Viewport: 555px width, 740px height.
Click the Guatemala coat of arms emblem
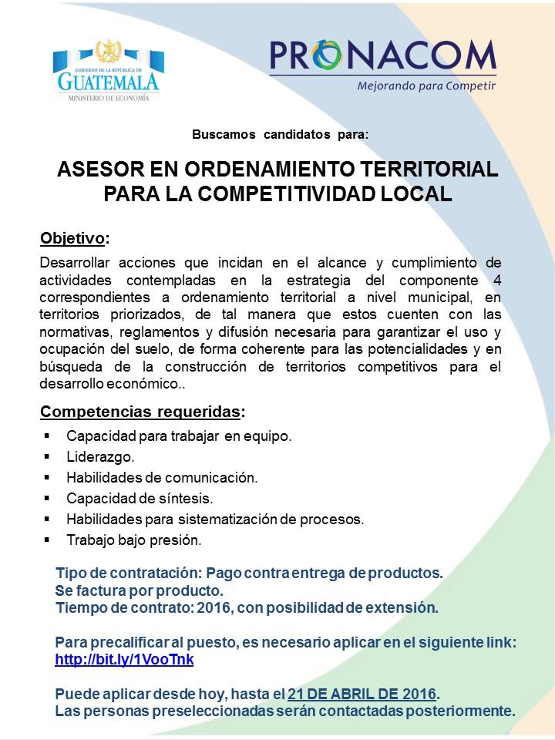(x=106, y=52)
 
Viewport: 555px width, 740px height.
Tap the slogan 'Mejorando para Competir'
(x=425, y=86)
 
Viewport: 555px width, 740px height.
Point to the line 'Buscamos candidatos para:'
(x=281, y=134)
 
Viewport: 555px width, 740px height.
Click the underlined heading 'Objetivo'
(x=72, y=237)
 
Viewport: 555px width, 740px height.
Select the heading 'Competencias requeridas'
(x=140, y=411)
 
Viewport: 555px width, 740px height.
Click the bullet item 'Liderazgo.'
(x=100, y=457)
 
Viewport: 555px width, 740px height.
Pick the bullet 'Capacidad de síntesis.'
(x=140, y=499)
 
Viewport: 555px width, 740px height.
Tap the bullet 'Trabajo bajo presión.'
(x=134, y=540)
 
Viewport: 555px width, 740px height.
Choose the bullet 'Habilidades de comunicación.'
(x=162, y=478)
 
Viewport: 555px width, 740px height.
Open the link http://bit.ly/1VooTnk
(x=124, y=660)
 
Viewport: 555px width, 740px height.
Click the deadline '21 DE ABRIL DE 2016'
(x=362, y=694)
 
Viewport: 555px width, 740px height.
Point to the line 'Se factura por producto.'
(x=139, y=591)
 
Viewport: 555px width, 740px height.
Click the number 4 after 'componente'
(x=496, y=279)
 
